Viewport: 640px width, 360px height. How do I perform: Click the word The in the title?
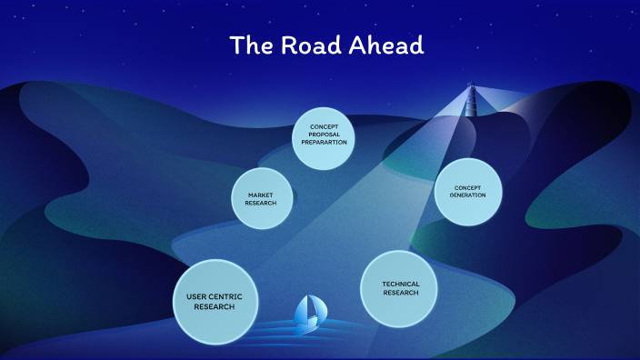248,45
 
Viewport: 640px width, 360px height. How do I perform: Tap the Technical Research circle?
401,288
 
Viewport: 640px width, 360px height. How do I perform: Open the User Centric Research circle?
215,303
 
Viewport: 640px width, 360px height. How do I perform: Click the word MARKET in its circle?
260,194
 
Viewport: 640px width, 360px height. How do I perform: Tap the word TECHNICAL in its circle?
401,284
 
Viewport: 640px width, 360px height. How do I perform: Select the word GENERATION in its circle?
468,195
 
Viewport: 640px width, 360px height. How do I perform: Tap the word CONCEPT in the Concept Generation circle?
468,187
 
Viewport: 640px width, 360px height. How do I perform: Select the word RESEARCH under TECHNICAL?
401,293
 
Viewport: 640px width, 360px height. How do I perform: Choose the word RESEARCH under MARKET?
260,202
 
